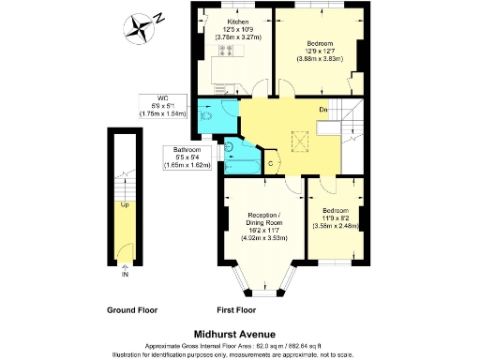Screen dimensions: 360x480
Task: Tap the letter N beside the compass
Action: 160,16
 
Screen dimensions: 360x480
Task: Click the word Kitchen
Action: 236,20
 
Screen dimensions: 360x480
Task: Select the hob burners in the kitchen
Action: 226,51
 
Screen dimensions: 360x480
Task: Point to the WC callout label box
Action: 161,105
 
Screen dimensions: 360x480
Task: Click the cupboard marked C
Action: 272,162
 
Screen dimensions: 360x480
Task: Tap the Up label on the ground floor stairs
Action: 124,203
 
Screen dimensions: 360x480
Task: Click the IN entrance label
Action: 125,275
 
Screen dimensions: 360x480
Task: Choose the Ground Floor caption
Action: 131,310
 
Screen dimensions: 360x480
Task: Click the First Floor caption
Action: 238,310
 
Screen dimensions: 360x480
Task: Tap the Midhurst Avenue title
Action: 239,333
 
